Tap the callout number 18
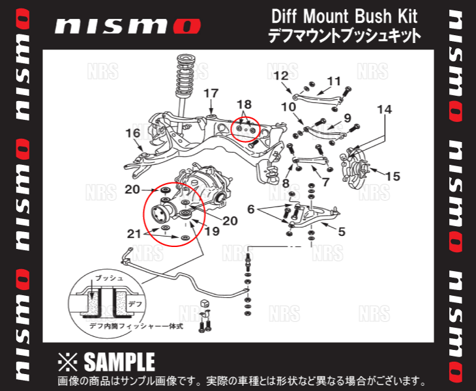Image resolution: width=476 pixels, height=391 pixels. click(243, 104)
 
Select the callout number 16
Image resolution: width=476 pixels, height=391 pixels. click(132, 134)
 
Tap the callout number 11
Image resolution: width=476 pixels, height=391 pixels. click(334, 81)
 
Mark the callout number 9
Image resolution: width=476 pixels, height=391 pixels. click(347, 118)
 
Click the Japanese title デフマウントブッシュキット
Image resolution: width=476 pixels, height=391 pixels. click(344, 35)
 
